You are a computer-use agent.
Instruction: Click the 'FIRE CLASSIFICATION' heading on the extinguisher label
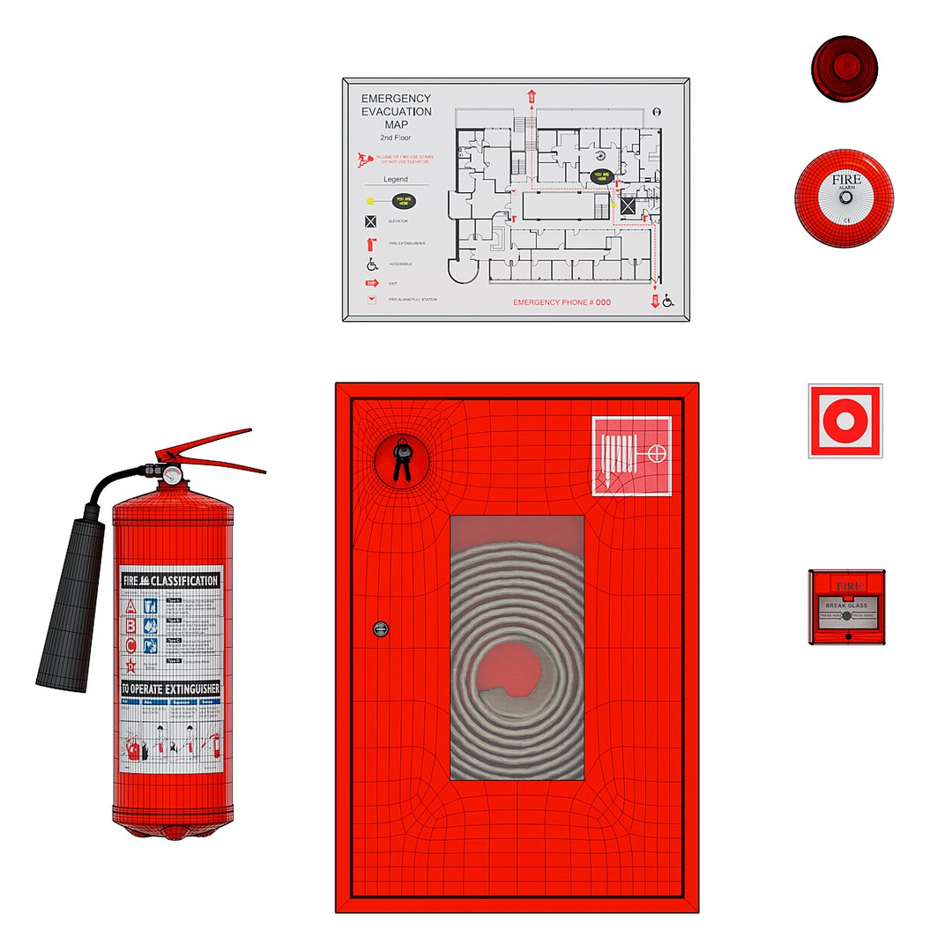[x=170, y=581]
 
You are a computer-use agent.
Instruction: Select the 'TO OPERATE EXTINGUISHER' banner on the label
[x=170, y=688]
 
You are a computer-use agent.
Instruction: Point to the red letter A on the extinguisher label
[x=131, y=606]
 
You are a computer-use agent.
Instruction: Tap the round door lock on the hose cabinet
[x=380, y=628]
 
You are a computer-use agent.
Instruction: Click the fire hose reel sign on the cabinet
[x=631, y=456]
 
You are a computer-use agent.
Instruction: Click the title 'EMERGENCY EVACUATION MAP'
[x=397, y=112]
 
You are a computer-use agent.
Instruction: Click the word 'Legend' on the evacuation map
[x=395, y=179]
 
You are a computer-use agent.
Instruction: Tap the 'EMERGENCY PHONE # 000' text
[x=562, y=302]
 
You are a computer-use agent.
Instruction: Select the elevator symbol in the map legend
[x=371, y=221]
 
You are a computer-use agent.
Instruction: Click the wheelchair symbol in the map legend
[x=371, y=264]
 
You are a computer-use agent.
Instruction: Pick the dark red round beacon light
[x=844, y=69]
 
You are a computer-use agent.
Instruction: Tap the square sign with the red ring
[x=844, y=420]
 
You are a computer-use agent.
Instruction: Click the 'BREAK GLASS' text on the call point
[x=846, y=606]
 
